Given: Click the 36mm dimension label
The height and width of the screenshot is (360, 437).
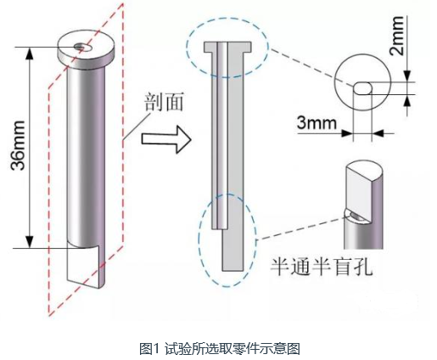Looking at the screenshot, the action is click(18, 145).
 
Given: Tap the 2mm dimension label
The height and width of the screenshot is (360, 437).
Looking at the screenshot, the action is click(396, 36).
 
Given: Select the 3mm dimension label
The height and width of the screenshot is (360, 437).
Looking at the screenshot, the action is click(317, 123).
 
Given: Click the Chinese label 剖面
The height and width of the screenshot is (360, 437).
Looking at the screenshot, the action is click(164, 102).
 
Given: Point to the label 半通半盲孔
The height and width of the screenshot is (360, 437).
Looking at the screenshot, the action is click(322, 267).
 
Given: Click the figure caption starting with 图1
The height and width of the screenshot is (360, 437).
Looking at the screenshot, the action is click(220, 348).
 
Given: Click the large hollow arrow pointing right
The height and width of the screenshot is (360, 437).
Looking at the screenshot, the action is click(166, 140).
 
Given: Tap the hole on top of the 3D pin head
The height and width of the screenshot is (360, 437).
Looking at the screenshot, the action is click(83, 48).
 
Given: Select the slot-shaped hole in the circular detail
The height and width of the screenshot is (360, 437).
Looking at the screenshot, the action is click(362, 88).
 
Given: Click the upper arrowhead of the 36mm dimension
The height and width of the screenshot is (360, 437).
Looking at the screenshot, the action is click(29, 53).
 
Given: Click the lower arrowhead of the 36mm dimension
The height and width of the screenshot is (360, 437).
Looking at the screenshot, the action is click(29, 242).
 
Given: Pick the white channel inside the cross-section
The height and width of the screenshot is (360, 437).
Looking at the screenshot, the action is click(222, 135).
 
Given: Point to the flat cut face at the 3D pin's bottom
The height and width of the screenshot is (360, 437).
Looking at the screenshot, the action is click(83, 265).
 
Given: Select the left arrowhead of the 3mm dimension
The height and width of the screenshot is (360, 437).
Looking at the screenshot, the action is click(347, 132).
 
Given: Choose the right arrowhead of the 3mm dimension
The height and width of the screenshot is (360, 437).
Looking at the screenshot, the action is click(378, 132).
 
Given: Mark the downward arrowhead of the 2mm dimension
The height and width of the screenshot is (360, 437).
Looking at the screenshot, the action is click(407, 76).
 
